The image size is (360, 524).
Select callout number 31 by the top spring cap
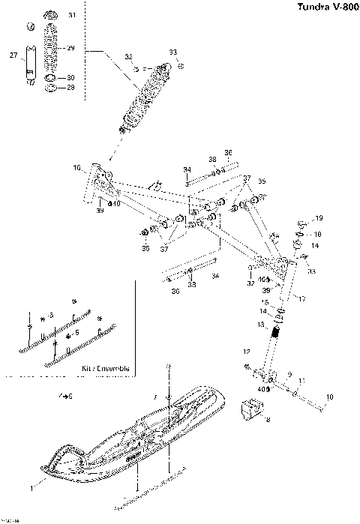point(72,15)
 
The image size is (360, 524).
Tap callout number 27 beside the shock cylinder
point(13,55)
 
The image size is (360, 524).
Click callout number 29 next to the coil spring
point(71,48)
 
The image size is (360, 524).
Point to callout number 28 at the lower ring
point(71,88)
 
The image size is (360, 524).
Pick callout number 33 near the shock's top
point(173,52)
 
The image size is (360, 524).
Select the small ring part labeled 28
point(51,88)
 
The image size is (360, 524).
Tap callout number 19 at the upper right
point(319,218)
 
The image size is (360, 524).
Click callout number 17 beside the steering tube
point(302,299)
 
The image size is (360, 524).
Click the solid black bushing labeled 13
point(276,331)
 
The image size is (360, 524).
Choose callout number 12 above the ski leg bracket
point(245,352)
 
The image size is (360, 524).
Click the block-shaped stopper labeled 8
point(252,409)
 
